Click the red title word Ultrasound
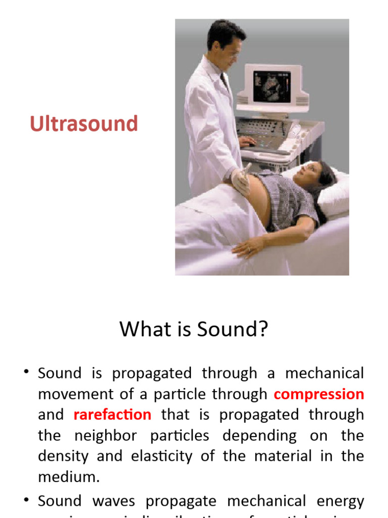(x=84, y=124)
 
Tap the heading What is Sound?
(x=193, y=330)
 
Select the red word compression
(x=319, y=394)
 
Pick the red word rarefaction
(x=112, y=415)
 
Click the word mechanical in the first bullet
(x=324, y=373)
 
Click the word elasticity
(x=159, y=456)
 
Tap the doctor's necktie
(x=224, y=81)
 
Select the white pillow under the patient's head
(x=331, y=192)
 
